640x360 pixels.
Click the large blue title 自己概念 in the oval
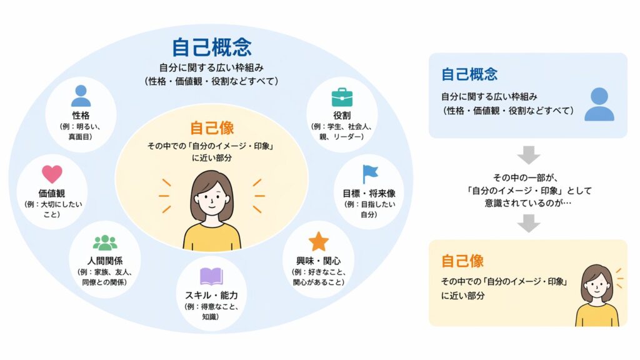pos(211,47)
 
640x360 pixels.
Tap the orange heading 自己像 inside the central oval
pos(212,127)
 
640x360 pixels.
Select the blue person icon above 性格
pos(81,96)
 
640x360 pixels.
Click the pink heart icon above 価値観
pos(52,174)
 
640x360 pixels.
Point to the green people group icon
pos(105,243)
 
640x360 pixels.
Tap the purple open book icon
pos(211,276)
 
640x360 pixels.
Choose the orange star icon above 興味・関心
pos(318,241)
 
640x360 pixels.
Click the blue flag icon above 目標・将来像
pos(370,174)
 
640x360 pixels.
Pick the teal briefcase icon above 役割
pos(342,97)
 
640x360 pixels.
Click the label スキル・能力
pos(211,295)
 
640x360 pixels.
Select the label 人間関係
pos(105,261)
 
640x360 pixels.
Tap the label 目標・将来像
pos(369,194)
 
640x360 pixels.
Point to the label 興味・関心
pos(318,261)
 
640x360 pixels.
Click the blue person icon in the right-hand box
pos(599,104)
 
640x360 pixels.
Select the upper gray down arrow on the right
pos(529,155)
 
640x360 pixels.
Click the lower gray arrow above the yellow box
pos(529,223)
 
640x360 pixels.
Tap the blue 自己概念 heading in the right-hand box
pos(469,74)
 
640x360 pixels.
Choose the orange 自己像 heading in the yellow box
pos(462,261)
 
